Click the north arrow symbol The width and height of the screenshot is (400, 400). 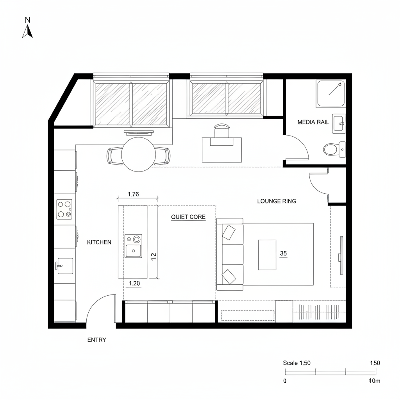click(27, 31)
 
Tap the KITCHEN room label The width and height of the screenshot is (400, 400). click(99, 242)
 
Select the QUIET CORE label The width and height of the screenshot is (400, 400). click(188, 217)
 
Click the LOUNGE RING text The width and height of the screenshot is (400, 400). click(277, 201)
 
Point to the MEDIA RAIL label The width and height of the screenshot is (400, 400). click(313, 122)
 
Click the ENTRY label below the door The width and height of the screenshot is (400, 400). click(96, 340)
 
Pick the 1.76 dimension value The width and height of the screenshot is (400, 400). click(134, 194)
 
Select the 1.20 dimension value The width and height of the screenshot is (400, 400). click(134, 284)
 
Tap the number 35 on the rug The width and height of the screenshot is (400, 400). click(284, 254)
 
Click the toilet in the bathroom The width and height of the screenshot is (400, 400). click(331, 149)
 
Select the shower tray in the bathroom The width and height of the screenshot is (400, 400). click(330, 94)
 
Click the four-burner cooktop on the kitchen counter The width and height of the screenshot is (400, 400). click(64, 209)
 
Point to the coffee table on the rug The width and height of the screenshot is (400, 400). click(267, 255)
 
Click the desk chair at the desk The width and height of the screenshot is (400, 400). click(221, 131)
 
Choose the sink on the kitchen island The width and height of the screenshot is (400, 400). click(133, 246)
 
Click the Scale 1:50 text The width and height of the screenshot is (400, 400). click(296, 363)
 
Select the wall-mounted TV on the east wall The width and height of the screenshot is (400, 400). click(341, 256)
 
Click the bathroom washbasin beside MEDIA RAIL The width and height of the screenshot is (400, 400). click(338, 121)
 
